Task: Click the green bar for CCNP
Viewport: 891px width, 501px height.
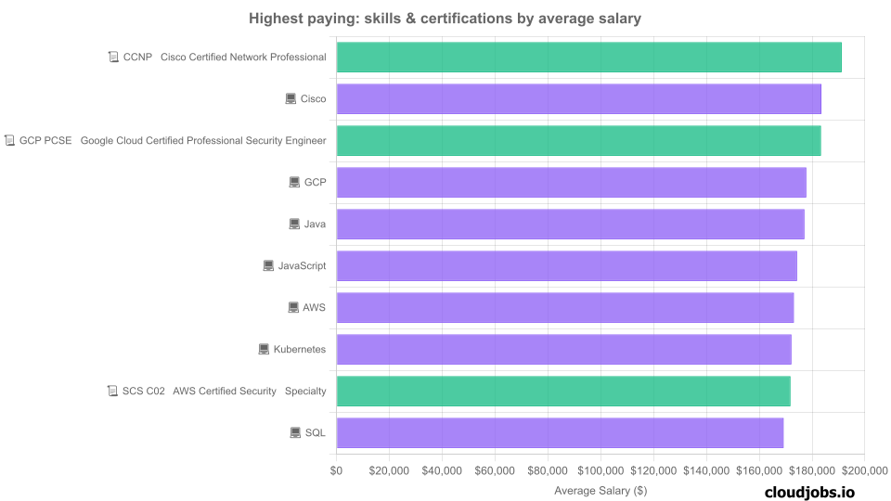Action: [588, 57]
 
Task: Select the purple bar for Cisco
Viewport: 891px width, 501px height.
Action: [578, 98]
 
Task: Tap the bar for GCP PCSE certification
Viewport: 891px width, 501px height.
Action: [578, 140]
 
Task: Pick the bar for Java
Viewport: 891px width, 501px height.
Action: [570, 224]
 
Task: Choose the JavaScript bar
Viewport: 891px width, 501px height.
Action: [566, 265]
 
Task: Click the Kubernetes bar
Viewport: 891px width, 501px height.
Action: [563, 349]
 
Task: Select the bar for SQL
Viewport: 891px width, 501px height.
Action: [560, 432]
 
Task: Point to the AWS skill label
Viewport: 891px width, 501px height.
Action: [314, 307]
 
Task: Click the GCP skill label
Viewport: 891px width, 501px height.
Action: [315, 182]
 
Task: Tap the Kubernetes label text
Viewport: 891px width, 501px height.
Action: [299, 349]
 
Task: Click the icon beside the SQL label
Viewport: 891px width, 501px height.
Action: [295, 432]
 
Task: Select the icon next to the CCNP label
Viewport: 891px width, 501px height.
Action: [113, 57]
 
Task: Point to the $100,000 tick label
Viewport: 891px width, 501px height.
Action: [600, 470]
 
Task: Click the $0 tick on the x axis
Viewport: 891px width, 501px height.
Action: [336, 470]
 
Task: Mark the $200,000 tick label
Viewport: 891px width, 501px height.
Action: [865, 470]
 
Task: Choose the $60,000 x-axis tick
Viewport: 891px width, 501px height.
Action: [495, 470]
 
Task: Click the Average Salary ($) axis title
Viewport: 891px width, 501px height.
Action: [600, 490]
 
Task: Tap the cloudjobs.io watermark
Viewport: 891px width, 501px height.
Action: [809, 493]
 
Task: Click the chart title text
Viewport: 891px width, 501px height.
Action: [445, 18]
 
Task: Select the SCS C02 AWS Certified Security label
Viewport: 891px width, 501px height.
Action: [224, 391]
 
